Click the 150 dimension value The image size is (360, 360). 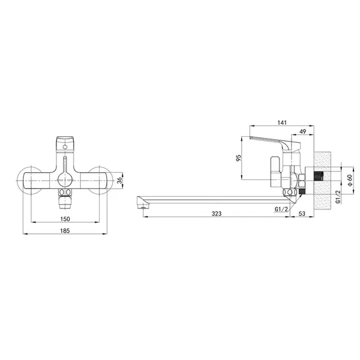pos(65,219)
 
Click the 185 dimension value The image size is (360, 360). pos(65,230)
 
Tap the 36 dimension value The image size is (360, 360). pos(119,181)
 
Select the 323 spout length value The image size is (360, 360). pos(216,214)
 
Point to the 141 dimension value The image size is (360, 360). pos(282,122)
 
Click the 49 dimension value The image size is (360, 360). pos(303,131)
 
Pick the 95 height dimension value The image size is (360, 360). pos(239,158)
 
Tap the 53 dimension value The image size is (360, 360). pos(302,214)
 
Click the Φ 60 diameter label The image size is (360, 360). pos(350,180)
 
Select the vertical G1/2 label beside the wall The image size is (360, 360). pos(338,197)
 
